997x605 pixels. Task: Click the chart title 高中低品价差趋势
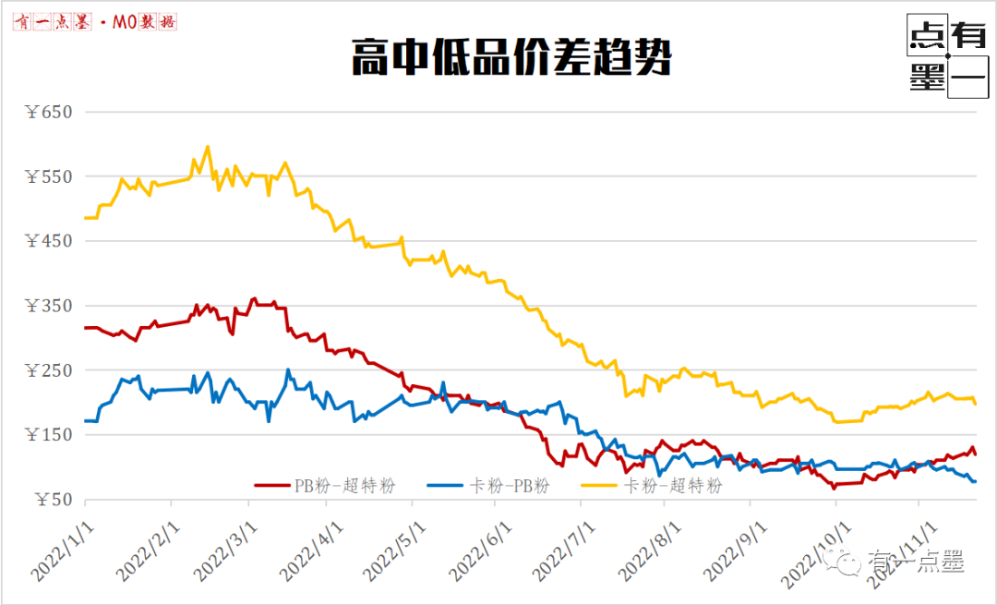coord(511,58)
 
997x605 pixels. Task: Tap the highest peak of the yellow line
coord(207,146)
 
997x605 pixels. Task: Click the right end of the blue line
coord(975,481)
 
